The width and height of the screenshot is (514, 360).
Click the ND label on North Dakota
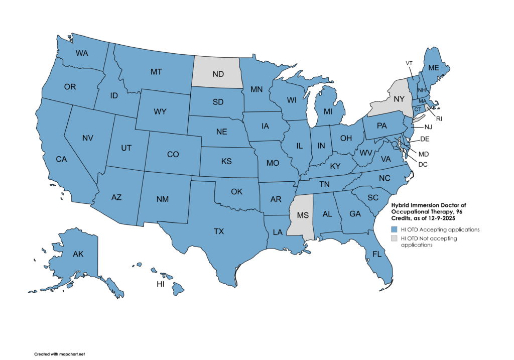point(218,74)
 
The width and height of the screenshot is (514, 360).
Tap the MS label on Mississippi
point(303,215)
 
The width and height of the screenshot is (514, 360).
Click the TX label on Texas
point(219,231)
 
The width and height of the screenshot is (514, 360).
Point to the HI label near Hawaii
point(160,284)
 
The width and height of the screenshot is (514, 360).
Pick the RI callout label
point(439,119)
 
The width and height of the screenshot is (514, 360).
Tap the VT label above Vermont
point(410,63)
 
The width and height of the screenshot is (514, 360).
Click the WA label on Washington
point(82,53)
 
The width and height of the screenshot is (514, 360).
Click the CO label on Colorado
point(173,155)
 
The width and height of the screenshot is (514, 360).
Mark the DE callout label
point(425,138)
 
